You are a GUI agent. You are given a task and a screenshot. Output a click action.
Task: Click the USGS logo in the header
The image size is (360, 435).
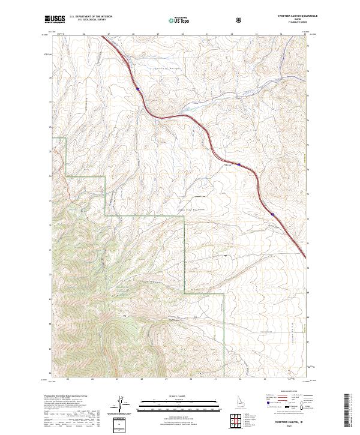coord(55,20)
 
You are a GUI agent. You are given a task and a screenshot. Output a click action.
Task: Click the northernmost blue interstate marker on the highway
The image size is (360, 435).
coord(137,89)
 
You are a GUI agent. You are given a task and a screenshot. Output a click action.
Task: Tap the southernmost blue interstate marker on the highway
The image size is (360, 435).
coord(272,213)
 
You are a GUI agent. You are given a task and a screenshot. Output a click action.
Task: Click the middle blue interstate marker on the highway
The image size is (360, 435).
coord(238,163)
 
